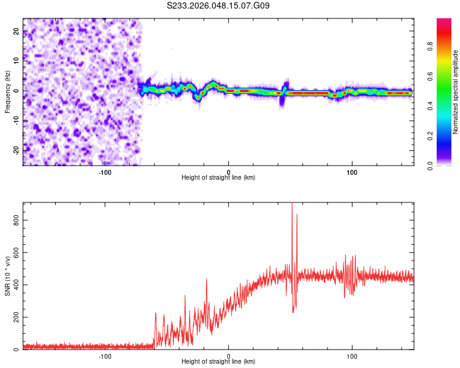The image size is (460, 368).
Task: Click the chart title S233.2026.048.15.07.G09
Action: (218, 6)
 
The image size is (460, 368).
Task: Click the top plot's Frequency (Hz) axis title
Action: (7, 91)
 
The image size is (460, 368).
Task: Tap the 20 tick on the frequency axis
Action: (16, 31)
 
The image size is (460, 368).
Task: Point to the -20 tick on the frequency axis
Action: (16, 150)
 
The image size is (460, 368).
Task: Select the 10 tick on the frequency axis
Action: (16, 61)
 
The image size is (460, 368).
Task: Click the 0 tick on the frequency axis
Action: (16, 90)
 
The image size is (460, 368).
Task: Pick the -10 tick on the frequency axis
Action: (16, 120)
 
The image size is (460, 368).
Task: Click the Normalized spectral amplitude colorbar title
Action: (455, 92)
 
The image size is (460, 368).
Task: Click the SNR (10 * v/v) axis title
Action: (7, 275)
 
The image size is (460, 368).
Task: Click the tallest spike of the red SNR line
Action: (292, 204)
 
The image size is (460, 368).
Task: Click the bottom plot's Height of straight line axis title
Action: (218, 361)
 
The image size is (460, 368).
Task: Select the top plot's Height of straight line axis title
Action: (218, 177)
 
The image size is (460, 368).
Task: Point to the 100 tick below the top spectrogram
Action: (352, 172)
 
